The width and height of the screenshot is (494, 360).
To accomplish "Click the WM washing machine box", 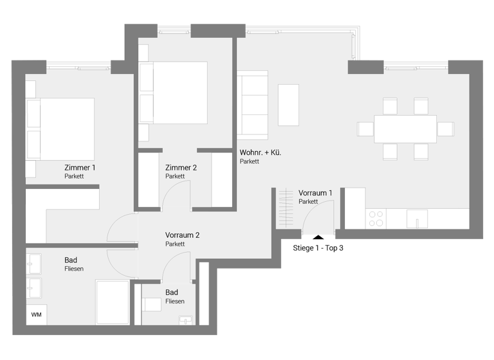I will pyautogui.click(x=36, y=315).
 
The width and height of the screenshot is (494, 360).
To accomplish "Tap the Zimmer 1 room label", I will pyautogui.click(x=80, y=167).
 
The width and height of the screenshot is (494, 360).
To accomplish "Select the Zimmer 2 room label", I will pyautogui.click(x=181, y=168).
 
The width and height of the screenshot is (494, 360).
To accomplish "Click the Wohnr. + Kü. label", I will pyautogui.click(x=261, y=153).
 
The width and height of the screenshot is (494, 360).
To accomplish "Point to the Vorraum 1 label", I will pyautogui.click(x=315, y=193).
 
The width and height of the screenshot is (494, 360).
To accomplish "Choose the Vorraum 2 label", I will pyautogui.click(x=182, y=235).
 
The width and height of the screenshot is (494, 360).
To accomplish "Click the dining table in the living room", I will pyautogui.click(x=405, y=129).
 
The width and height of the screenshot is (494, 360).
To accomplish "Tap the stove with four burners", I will pyautogui.click(x=375, y=219).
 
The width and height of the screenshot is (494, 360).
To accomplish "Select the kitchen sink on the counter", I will pyautogui.click(x=417, y=219).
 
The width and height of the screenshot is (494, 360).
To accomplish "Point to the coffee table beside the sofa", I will pyautogui.click(x=288, y=105).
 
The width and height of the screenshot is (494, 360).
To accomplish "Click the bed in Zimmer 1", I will pyautogui.click(x=61, y=129).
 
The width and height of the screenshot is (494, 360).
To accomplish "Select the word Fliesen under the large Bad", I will pyautogui.click(x=74, y=269).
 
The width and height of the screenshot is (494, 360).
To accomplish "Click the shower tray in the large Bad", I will pyautogui.click(x=113, y=302).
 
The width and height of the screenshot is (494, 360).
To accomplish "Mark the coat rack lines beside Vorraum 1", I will pyautogui.click(x=284, y=207).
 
